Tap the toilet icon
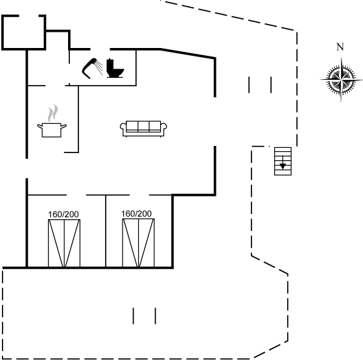115,68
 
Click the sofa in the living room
143,128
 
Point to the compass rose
341,79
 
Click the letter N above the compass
340,47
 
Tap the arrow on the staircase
283,163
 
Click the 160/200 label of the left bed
64,214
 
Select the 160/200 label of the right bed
136,213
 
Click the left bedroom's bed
64,243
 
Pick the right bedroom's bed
139,243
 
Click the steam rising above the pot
53,114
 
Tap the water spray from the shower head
100,67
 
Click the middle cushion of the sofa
143,126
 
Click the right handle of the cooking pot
64,126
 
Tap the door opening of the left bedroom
76,195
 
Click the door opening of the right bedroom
139,195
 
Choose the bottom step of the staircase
283,173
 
